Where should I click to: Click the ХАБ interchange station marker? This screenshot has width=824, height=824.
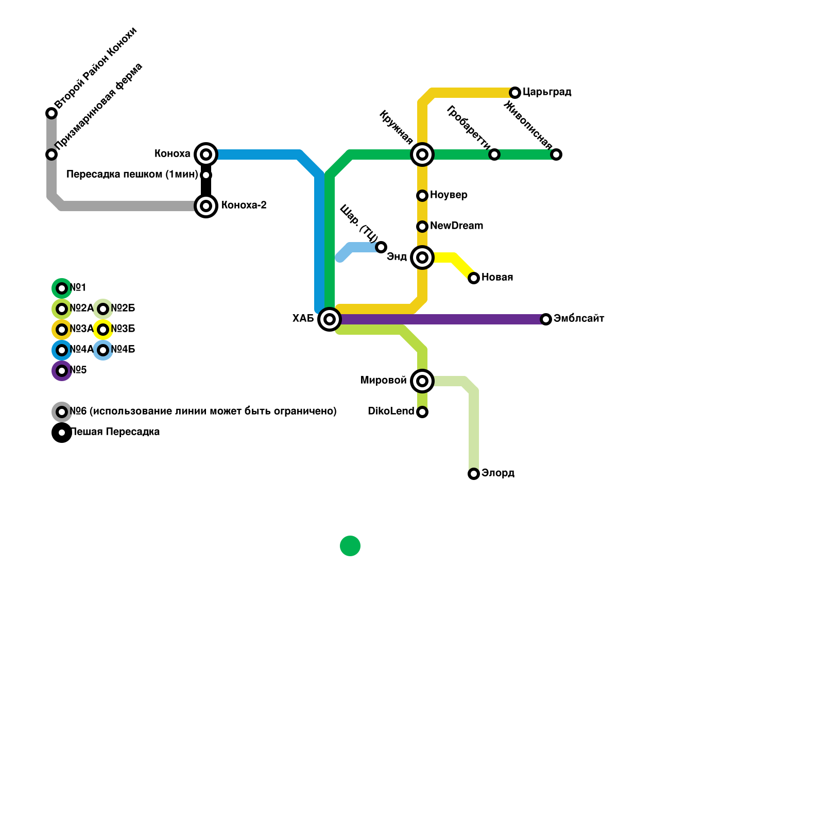330,319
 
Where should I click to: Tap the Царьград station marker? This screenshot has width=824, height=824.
515,93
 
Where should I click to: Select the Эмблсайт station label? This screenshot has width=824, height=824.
579,319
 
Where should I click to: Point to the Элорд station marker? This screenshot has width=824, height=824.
474,474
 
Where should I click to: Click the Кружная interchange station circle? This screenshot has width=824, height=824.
422,154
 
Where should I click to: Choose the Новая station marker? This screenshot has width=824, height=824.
474,278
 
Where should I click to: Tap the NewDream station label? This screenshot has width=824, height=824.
456,226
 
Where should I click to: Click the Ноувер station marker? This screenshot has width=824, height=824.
422,196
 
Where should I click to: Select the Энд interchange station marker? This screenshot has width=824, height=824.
422,257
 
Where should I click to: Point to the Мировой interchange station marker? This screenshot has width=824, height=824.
422,381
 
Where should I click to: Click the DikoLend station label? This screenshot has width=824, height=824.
391,411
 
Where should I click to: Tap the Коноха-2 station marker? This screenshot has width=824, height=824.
206,206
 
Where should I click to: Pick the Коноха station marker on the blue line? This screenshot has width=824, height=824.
206,154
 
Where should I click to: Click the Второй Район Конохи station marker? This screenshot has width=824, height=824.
51,113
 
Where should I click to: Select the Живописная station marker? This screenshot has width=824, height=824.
556,154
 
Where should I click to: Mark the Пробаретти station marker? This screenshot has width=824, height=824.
494,154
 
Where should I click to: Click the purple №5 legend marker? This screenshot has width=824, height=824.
62,371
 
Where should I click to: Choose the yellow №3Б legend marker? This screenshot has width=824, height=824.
103,330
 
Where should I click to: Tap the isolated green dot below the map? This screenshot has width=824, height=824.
350,546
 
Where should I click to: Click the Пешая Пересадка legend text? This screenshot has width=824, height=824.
115,432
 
